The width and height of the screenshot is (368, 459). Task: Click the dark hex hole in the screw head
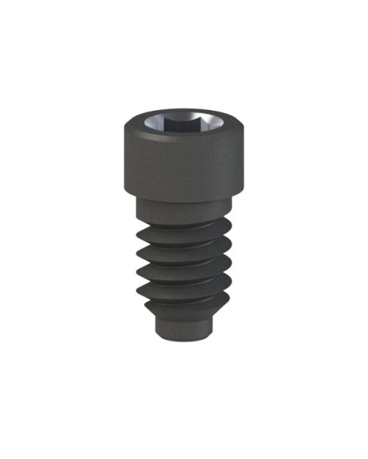tap(183, 121)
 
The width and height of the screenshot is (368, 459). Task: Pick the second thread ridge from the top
tap(184, 250)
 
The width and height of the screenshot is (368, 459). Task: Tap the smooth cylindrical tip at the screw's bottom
tap(184, 327)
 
